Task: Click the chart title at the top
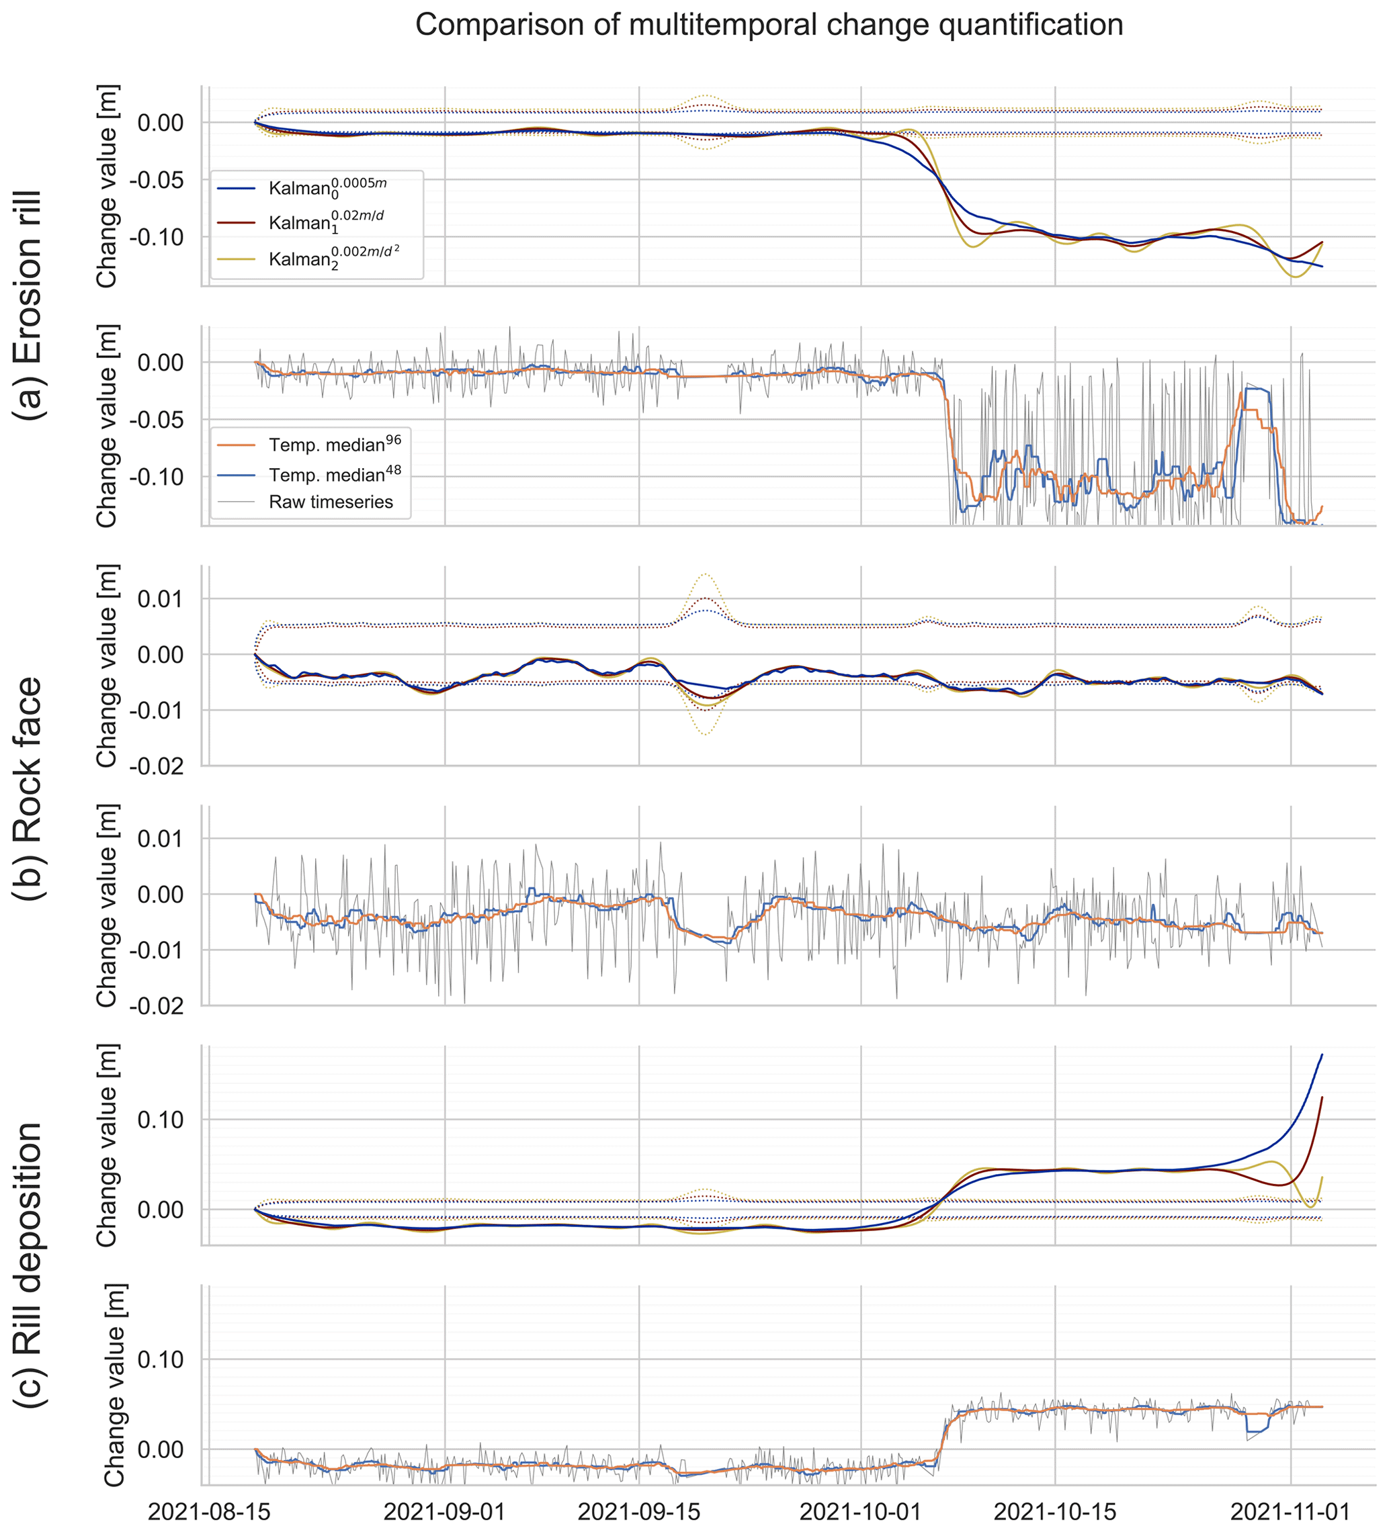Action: coord(769,25)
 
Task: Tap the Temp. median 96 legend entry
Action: coord(335,444)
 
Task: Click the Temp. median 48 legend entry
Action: coord(335,474)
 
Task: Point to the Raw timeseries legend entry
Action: coord(331,502)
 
